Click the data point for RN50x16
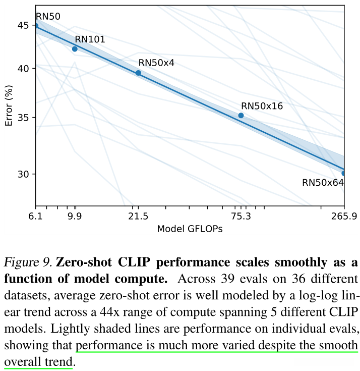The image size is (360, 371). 241,116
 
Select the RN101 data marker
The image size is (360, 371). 75,49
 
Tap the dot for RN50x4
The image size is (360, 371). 138,73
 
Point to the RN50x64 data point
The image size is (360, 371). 344,173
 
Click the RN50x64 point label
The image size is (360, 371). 323,183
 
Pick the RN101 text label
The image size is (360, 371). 90,39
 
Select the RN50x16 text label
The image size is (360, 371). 262,106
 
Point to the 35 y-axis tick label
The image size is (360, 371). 23,118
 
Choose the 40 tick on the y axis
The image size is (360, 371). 23,68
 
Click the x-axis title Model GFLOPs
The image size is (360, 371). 190,229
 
